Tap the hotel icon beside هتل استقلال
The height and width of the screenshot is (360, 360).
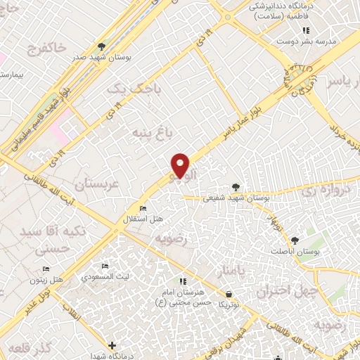[x=143, y=209]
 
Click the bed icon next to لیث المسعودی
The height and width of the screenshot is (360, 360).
[x=105, y=266]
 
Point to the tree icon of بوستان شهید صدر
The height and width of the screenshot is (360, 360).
[x=102, y=45]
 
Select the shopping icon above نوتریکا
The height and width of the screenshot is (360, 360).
[x=229, y=294]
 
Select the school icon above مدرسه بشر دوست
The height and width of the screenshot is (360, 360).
[x=306, y=30]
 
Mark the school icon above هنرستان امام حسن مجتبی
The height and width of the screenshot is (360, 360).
[x=182, y=282]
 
